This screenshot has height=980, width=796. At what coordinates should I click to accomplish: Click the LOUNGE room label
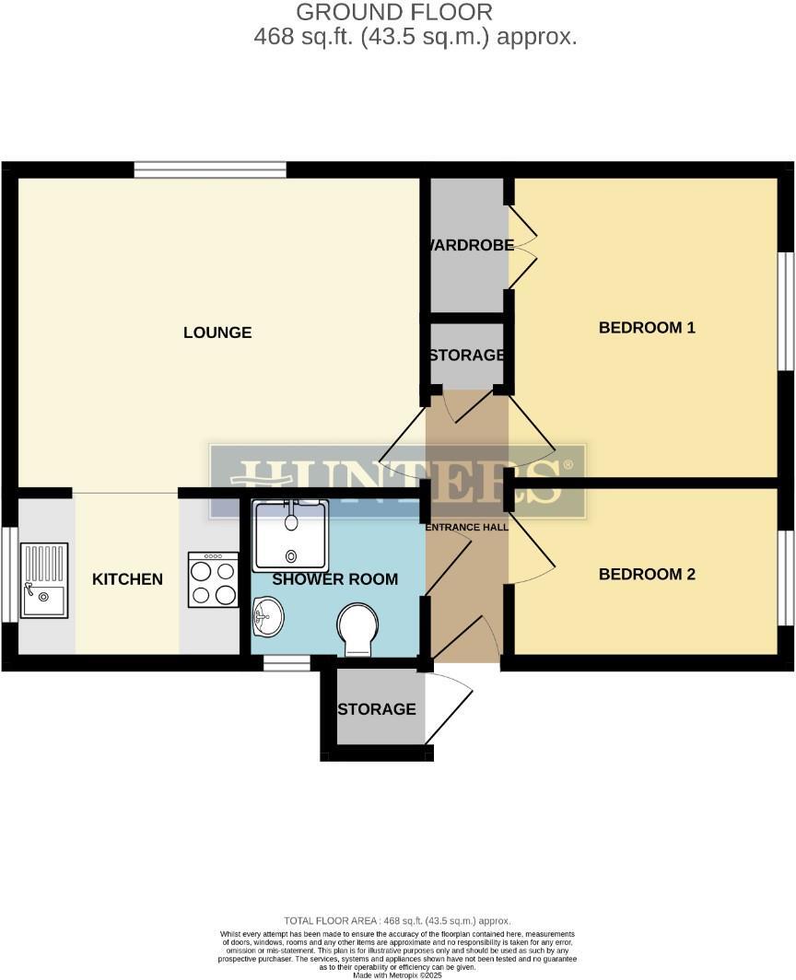(217, 332)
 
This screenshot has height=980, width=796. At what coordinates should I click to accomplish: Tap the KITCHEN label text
(127, 579)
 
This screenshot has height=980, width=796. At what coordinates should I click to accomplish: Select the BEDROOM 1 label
(647, 327)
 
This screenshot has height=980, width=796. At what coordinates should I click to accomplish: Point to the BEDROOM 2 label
(647, 574)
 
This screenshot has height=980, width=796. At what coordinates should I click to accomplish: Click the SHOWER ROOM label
(334, 579)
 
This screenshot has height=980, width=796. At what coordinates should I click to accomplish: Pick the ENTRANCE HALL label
(466, 528)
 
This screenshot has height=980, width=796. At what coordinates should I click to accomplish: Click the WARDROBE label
(468, 246)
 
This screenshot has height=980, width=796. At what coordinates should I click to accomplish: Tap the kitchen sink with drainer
(44, 580)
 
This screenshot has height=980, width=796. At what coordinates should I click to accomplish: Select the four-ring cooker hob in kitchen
(213, 579)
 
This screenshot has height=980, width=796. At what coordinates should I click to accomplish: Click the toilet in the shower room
(358, 628)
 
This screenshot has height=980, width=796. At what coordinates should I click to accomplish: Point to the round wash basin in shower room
(267, 616)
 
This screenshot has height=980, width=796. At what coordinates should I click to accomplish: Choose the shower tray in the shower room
(291, 536)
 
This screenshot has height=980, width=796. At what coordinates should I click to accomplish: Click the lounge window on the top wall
(209, 169)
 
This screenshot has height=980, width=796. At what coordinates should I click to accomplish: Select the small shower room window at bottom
(286, 662)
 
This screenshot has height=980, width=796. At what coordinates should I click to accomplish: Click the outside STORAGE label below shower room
(376, 709)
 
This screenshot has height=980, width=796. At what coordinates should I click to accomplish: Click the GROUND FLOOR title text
(393, 12)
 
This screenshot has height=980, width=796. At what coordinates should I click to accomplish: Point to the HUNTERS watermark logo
(397, 481)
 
